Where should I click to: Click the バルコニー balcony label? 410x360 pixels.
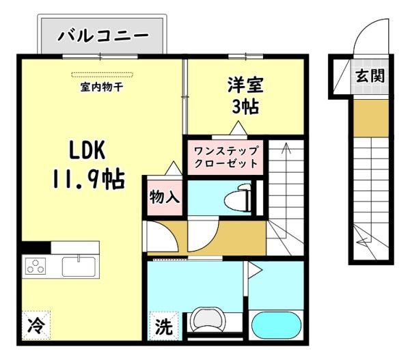pos(103,36)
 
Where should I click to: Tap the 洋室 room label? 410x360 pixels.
pos(245,85)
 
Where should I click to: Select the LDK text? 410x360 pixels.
pos(87,150)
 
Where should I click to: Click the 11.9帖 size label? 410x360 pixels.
pos(88,179)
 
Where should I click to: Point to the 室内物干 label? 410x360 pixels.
pos(102,87)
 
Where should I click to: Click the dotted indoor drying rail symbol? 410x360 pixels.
pos(102,75)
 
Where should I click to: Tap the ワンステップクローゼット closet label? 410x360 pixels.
pos(226,158)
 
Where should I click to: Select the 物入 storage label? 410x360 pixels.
pos(165,197)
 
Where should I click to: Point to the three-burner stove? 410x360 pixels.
pos(36,266)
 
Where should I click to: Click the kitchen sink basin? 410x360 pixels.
pos(79,266)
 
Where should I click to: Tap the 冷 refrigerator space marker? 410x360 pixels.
pos(36,325)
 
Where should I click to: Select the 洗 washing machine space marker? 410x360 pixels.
pos(164,326)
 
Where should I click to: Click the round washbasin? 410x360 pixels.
pos(208,320)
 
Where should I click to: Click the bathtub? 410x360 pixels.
pos(276,325)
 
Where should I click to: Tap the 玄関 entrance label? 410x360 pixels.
pos(370,76)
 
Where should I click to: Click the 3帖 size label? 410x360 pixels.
pos(245,107)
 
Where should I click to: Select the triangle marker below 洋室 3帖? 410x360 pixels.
pos(238,128)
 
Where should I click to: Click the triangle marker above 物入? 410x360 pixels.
pos(174,168)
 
